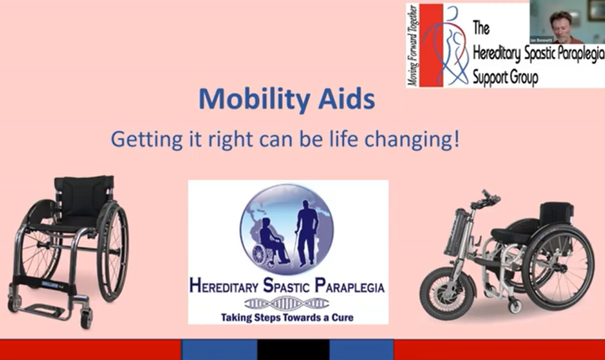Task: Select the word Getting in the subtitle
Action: coord(141,140)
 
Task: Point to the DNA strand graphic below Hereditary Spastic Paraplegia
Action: coord(287,303)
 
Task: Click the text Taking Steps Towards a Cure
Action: coord(288,317)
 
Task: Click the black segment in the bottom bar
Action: coord(293,350)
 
